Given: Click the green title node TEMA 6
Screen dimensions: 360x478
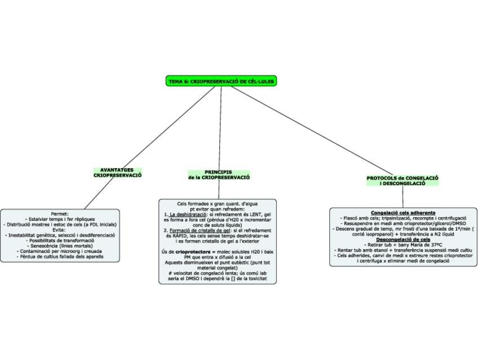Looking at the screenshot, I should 222,81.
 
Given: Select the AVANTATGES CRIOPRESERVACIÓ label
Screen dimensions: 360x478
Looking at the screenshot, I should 117,173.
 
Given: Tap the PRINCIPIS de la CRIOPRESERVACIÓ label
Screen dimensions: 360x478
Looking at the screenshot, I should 219,174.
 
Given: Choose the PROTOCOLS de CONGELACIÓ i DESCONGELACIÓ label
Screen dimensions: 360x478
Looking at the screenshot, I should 402,181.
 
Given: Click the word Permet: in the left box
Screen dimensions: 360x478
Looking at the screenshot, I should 60,214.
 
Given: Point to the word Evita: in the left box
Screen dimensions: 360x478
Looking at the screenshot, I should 60,230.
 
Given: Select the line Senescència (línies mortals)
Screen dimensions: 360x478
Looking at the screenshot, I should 60,245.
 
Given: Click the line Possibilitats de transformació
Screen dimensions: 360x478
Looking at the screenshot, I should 60,240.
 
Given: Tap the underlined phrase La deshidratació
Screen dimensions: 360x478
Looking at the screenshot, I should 188,214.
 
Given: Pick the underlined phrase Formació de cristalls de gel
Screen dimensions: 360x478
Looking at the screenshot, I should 198,230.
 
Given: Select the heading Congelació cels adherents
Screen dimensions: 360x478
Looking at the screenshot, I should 402,213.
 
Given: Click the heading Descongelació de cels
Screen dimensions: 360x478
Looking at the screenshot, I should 402,239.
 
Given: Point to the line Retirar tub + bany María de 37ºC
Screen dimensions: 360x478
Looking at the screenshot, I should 402,245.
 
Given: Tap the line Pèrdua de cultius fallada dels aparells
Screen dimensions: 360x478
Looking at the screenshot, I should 60,256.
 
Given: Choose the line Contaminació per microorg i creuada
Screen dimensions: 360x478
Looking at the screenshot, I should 60,251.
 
